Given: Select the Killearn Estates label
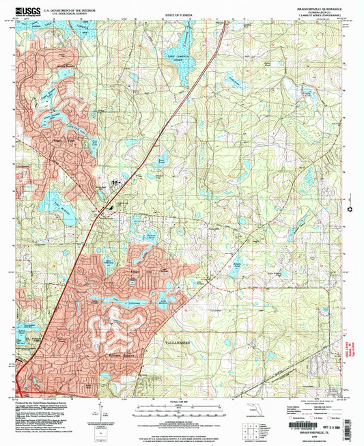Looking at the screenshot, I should point(106,354).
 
